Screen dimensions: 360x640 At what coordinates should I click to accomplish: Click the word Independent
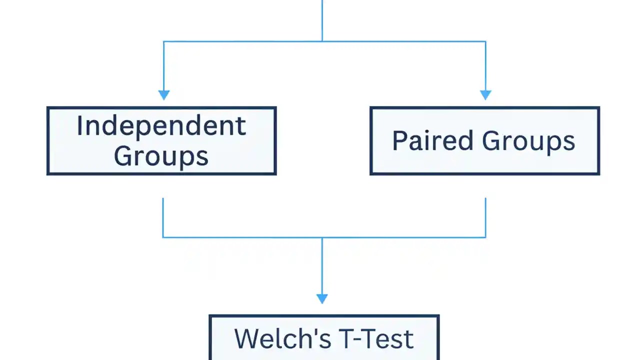[161, 125]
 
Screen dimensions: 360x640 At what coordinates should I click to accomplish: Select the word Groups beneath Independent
[161, 156]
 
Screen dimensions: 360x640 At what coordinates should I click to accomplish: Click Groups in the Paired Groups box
[528, 141]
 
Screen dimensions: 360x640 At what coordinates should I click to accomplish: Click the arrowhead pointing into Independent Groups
[163, 95]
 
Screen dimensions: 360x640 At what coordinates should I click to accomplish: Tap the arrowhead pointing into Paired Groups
[485, 95]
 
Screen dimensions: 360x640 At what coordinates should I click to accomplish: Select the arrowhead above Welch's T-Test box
[322, 298]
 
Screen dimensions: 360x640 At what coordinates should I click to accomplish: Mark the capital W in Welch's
[247, 338]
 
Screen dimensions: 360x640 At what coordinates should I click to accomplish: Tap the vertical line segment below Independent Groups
[163, 217]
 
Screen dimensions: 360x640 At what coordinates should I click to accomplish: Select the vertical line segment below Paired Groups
[485, 217]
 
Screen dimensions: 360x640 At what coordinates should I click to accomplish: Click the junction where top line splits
[322, 41]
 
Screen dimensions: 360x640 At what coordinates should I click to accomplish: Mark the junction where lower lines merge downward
[322, 237]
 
